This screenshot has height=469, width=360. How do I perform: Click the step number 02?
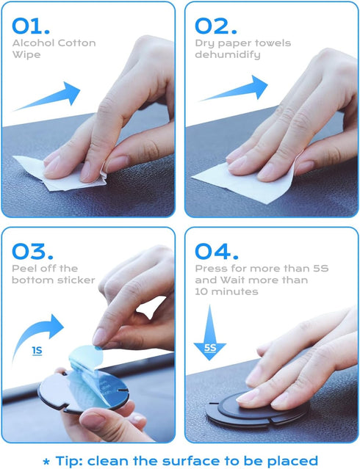[x=216, y=26]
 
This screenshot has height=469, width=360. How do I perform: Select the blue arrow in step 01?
[x=56, y=98]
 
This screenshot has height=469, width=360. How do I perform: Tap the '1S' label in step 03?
[x=37, y=351]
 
